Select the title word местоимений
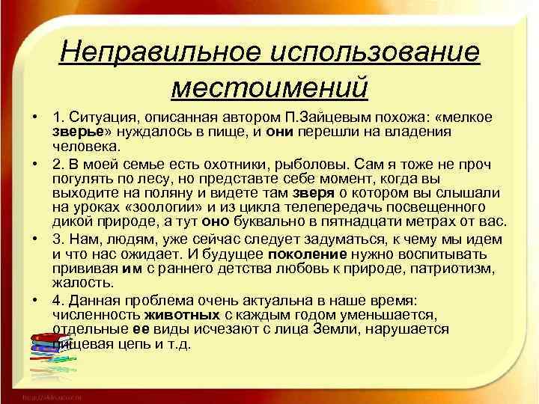pos(269,87)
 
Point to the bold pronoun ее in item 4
pos(140,328)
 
